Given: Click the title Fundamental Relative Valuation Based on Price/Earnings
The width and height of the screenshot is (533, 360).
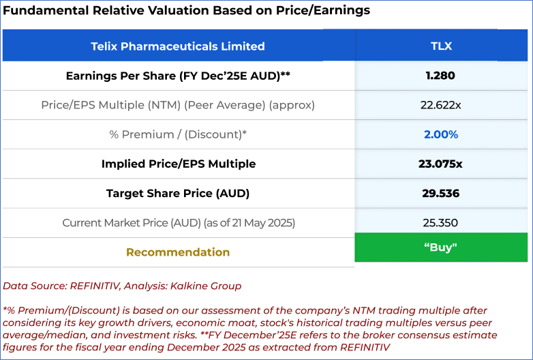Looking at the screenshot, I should tap(187, 11).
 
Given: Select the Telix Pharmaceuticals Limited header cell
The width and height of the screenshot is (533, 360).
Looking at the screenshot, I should tap(178, 46).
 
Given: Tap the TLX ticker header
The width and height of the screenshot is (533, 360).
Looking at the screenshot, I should tap(441, 46).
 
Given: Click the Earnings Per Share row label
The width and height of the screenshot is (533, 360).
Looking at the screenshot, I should tap(178, 76).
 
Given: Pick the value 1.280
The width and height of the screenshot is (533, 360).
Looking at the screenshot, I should tap(440, 76).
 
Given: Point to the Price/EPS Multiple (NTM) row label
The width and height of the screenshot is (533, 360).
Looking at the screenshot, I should tap(178, 105).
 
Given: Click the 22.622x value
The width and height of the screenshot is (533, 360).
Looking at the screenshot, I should tap(440, 105).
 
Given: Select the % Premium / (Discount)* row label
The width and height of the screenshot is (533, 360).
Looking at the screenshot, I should tap(178, 134).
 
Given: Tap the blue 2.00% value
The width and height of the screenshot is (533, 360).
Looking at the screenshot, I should tap(440, 134).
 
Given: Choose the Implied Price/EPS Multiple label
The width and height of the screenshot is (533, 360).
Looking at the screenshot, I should tap(178, 164).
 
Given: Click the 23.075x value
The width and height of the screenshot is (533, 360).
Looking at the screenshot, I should tap(440, 164).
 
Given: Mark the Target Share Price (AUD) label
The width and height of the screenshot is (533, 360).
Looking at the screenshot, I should tap(178, 193).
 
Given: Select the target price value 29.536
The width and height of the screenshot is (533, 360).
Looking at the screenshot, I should tap(440, 193).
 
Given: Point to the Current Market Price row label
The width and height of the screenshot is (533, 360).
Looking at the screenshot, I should tap(178, 223).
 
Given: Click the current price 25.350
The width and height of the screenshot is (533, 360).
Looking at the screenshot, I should tap(440, 223).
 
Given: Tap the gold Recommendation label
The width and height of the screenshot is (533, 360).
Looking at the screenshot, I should tap(178, 252).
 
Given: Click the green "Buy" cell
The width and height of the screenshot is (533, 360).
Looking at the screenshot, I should tap(440, 247).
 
